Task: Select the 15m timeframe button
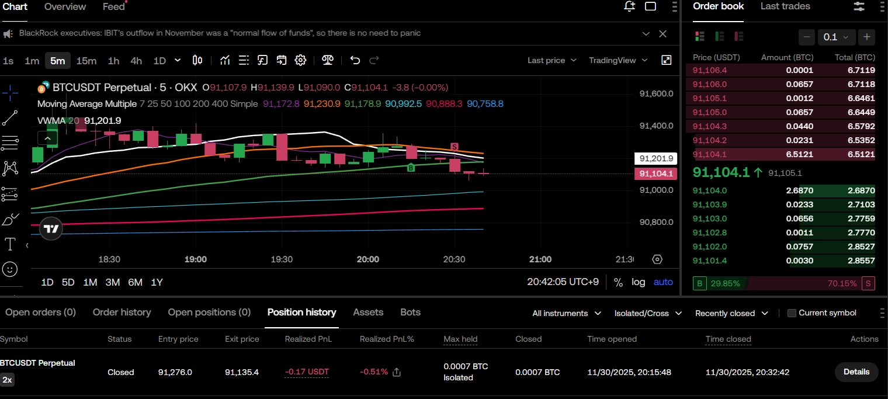point(86,60)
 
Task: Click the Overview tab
point(65,6)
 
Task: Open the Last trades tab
point(785,6)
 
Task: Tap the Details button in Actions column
point(856,372)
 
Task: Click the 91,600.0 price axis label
point(656,93)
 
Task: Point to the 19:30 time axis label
point(282,259)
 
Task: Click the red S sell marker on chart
point(454,146)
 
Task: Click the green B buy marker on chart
point(411,168)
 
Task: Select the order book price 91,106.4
point(709,70)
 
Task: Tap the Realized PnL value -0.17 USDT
point(307,372)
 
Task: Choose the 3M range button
point(113,282)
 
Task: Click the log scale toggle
point(638,282)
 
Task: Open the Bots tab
point(410,312)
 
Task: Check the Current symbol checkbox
point(792,313)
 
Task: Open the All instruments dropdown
point(566,313)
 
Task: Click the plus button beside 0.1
point(867,37)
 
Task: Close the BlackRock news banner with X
point(662,33)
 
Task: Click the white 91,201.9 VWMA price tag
point(655,158)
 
